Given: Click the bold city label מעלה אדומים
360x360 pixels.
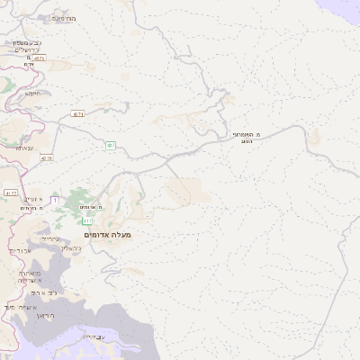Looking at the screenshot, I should tap(107, 235).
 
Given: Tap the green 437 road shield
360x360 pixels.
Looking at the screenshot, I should tap(110, 145).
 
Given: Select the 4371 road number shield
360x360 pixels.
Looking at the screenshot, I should tap(78, 114).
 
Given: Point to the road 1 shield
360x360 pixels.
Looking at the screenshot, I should tap(55, 199).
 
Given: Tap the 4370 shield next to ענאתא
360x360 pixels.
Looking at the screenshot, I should tap(47, 157).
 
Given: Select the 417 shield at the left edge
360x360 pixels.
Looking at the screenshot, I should tap(10, 193).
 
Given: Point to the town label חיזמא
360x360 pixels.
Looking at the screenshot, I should tap(34, 92).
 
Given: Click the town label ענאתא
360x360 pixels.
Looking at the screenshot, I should tap(25, 148).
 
